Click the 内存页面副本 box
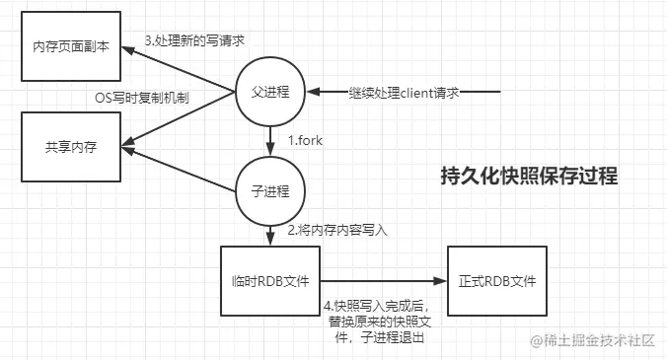click(71, 47)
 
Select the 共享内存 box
click(71, 147)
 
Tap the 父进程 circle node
click(270, 92)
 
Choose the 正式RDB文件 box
click(496, 281)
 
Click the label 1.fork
click(306, 141)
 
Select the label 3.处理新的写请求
click(193, 40)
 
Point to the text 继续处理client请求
click(406, 93)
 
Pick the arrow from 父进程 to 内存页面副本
click(183, 66)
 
